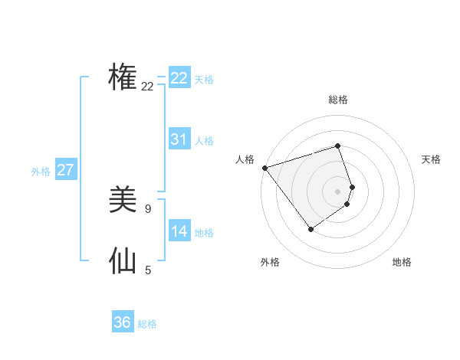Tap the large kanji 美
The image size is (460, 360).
[123, 200]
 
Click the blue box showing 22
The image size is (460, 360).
[179, 78]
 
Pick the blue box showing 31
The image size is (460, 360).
[179, 139]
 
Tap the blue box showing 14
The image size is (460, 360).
[179, 231]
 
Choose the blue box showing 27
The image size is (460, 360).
[65, 170]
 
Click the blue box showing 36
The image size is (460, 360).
[123, 322]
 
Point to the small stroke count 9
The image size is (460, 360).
[148, 208]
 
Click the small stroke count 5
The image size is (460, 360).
[148, 270]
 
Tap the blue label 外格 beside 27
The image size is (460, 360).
[41, 172]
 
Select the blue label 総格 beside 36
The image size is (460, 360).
[147, 324]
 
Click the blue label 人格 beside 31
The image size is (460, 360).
[204, 141]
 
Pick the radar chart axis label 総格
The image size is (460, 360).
[338, 100]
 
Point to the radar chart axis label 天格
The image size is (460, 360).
[432, 159]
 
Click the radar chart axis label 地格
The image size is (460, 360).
[402, 262]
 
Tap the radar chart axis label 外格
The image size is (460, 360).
[270, 262]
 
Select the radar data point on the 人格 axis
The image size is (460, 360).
[264, 168]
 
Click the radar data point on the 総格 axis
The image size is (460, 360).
[337, 146]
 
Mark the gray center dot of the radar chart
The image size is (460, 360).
[337, 191]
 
